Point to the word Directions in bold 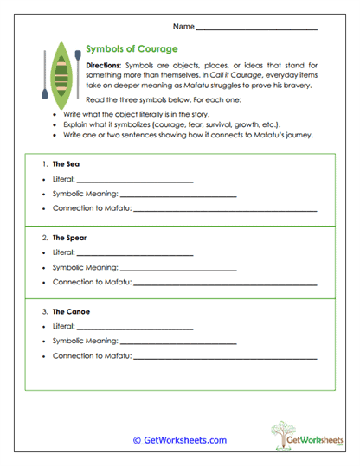click(105, 66)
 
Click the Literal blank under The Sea click(134, 181)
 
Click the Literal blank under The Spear click(134, 254)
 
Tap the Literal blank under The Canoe click(134, 328)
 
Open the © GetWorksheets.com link click(179, 440)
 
